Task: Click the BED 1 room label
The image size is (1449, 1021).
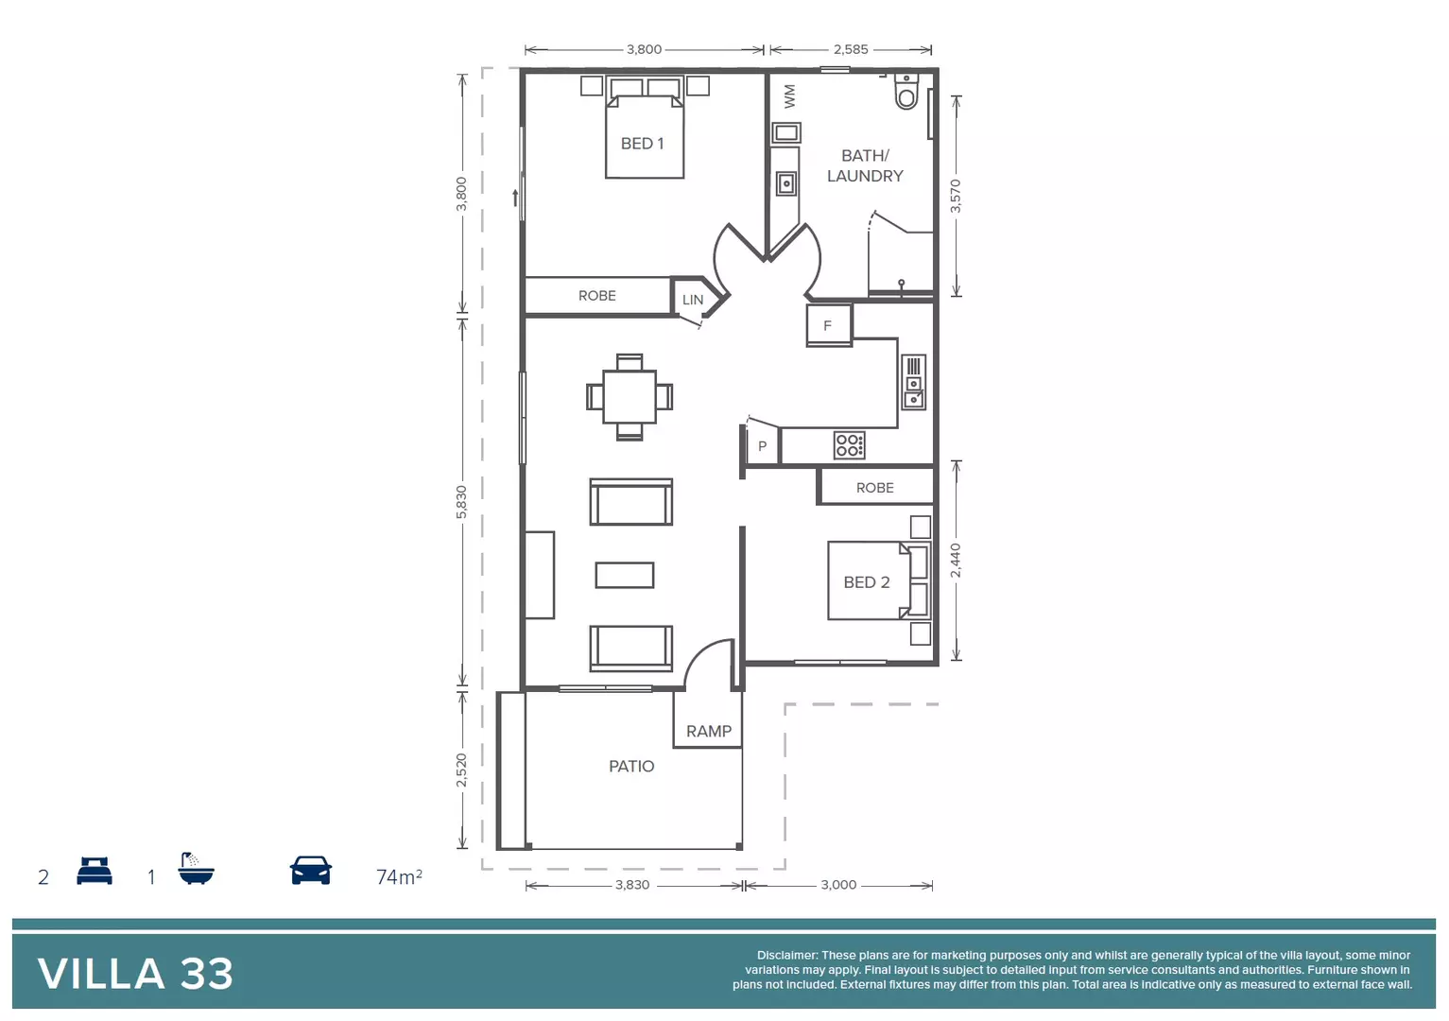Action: pyautogui.click(x=642, y=144)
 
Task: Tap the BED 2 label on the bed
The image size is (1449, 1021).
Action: pyautogui.click(x=866, y=582)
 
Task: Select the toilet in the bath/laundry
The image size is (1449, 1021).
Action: pyautogui.click(x=906, y=92)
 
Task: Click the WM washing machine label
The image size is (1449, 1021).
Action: pyautogui.click(x=790, y=95)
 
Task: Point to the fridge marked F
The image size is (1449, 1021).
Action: pyautogui.click(x=828, y=325)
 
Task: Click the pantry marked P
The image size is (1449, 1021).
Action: pyautogui.click(x=762, y=446)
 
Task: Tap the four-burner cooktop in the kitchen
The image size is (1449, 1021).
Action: pyautogui.click(x=849, y=445)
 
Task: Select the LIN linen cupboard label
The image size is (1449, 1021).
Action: pyautogui.click(x=693, y=300)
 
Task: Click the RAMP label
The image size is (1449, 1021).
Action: pyautogui.click(x=709, y=731)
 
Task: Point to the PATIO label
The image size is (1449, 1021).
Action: pyautogui.click(x=631, y=766)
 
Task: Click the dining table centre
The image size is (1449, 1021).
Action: pyautogui.click(x=630, y=397)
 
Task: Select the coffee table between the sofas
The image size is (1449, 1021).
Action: pyautogui.click(x=625, y=575)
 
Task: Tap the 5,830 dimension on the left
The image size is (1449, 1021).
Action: pyautogui.click(x=461, y=502)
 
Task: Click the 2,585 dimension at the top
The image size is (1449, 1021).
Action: pyautogui.click(x=851, y=49)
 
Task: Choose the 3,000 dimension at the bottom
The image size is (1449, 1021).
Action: pyautogui.click(x=838, y=885)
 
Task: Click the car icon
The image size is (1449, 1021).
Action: pyautogui.click(x=311, y=871)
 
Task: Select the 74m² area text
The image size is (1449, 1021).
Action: pyautogui.click(x=399, y=876)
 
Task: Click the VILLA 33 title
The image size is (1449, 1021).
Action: pyautogui.click(x=135, y=974)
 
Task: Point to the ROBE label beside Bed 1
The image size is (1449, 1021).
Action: pyautogui.click(x=596, y=296)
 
